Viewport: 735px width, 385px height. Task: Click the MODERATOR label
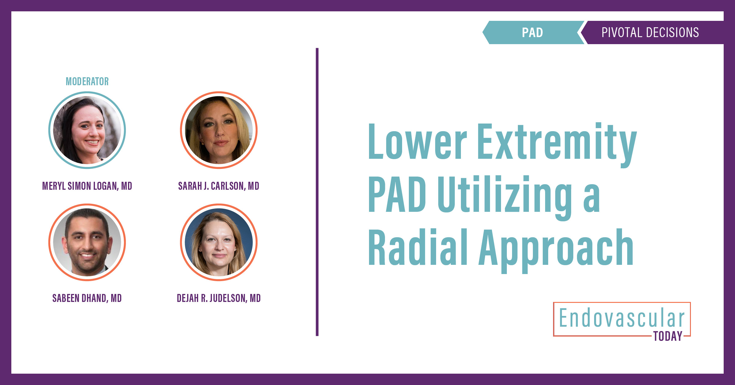click(x=87, y=82)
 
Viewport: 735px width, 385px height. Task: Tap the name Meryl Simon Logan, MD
click(x=87, y=186)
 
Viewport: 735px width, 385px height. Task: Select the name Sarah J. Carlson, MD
click(x=219, y=186)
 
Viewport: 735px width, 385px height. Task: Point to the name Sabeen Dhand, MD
click(x=87, y=298)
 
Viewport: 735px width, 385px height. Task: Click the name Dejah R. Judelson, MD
click(x=219, y=298)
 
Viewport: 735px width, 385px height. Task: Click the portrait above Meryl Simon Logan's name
click(x=87, y=130)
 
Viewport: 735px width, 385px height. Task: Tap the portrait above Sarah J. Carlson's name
click(x=219, y=130)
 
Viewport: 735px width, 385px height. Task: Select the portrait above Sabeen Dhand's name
click(x=87, y=242)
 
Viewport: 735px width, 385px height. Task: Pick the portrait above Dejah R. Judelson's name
click(x=219, y=242)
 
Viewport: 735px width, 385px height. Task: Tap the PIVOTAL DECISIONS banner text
click(x=650, y=32)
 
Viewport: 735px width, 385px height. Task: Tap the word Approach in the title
click(x=556, y=250)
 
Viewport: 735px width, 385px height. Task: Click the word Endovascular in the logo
click(x=622, y=318)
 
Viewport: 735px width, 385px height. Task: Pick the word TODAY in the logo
click(x=668, y=336)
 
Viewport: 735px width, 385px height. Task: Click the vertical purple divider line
click(x=317, y=192)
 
